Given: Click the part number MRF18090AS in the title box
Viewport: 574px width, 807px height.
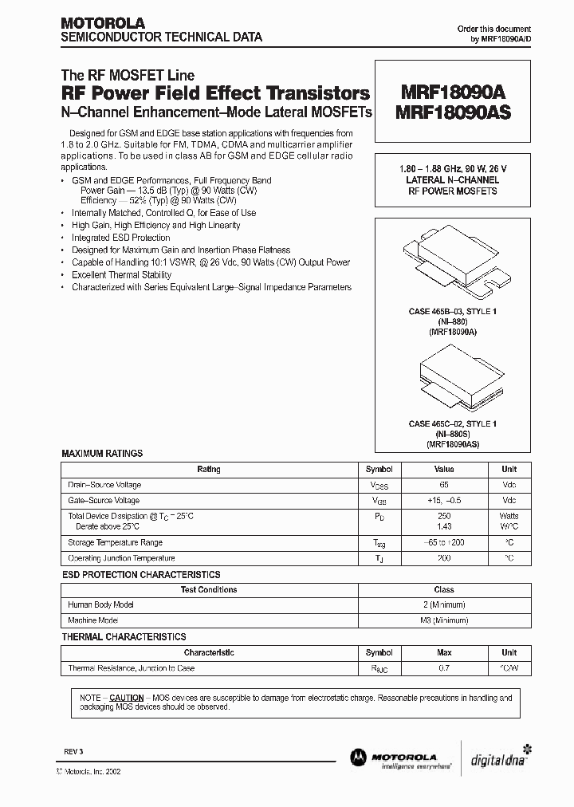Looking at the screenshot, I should point(453,112).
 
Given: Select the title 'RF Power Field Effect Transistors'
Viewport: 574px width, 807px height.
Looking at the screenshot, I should point(215,93).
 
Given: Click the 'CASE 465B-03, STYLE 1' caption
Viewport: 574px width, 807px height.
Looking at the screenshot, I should point(452,311).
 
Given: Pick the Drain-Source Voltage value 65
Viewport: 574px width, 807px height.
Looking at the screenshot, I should point(444,485).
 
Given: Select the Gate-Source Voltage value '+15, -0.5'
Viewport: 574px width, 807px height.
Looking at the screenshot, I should point(444,501).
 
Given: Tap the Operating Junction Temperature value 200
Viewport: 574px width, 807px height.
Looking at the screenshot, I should point(444,558).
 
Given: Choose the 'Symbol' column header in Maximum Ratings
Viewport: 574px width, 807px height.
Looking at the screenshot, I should point(379,470).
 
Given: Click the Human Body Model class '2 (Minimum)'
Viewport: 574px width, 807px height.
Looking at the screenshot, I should point(444,604).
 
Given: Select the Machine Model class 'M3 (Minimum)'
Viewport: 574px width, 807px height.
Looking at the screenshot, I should point(444,620).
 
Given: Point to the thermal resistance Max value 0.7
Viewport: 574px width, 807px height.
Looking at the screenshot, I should point(444,668).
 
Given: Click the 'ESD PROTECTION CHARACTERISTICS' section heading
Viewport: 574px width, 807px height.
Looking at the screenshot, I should point(140,575).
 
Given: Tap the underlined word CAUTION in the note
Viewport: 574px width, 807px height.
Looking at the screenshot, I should point(126,697).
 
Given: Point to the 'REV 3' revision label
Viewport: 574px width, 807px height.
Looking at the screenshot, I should point(73,752).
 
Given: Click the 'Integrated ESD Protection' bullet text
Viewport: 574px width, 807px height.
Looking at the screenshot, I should point(120,238).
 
